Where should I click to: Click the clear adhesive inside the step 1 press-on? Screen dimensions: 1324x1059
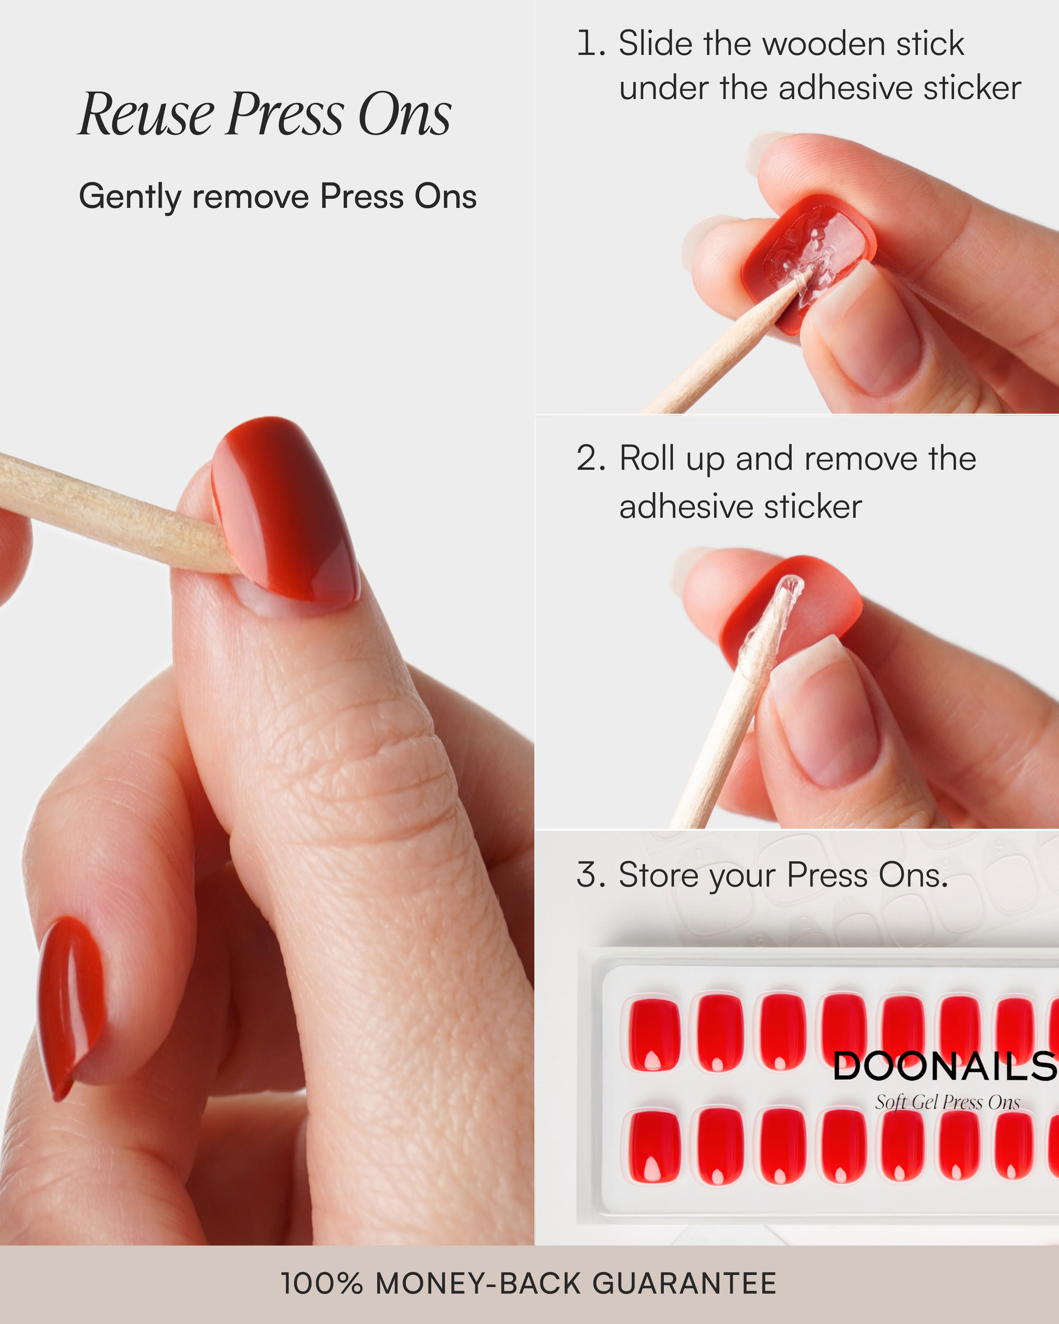pyautogui.click(x=810, y=252)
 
